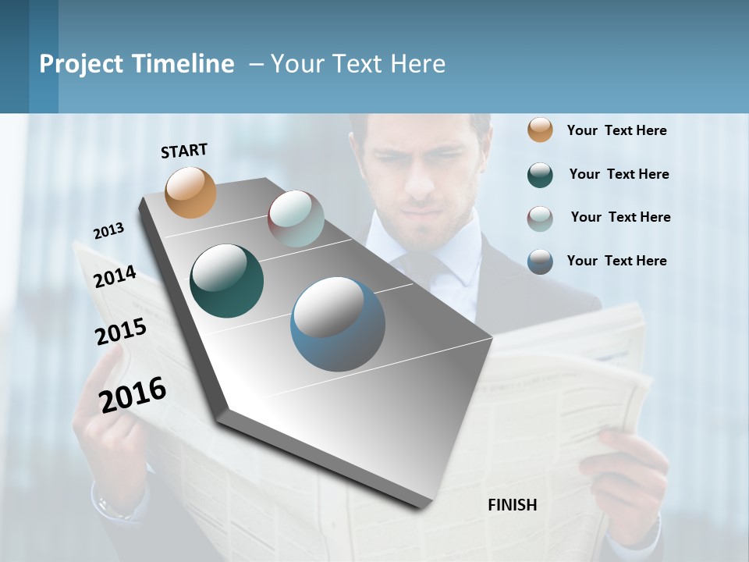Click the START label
[x=184, y=151]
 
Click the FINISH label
[x=513, y=505]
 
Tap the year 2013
[x=108, y=230]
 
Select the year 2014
[x=115, y=277]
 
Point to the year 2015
[x=121, y=332]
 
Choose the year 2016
[x=133, y=394]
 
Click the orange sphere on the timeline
[x=190, y=192]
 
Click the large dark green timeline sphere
[x=226, y=281]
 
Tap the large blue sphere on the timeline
[x=338, y=324]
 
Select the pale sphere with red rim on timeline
[x=296, y=218]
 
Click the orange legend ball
[x=540, y=130]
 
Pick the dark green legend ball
[x=540, y=175]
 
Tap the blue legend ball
[x=540, y=261]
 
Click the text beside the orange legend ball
[x=616, y=130]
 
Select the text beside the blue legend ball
[x=616, y=261]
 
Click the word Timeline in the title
[x=183, y=64]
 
